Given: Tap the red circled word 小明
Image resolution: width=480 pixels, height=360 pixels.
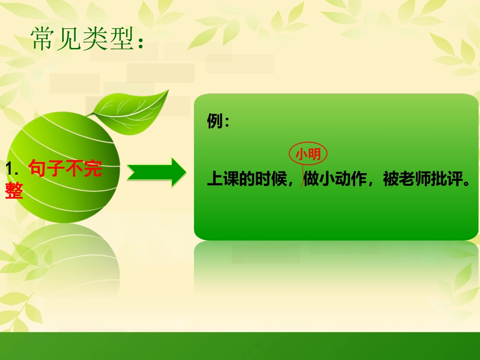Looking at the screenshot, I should pyautogui.click(x=308, y=155).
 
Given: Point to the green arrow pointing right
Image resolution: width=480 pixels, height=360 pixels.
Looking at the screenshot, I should pyautogui.click(x=156, y=173).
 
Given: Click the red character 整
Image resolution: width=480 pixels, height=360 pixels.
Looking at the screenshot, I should pyautogui.click(x=14, y=191).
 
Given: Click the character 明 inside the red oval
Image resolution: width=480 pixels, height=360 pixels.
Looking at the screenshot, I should pyautogui.click(x=315, y=155).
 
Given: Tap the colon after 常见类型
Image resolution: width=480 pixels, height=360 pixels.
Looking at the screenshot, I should pyautogui.click(x=140, y=40).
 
